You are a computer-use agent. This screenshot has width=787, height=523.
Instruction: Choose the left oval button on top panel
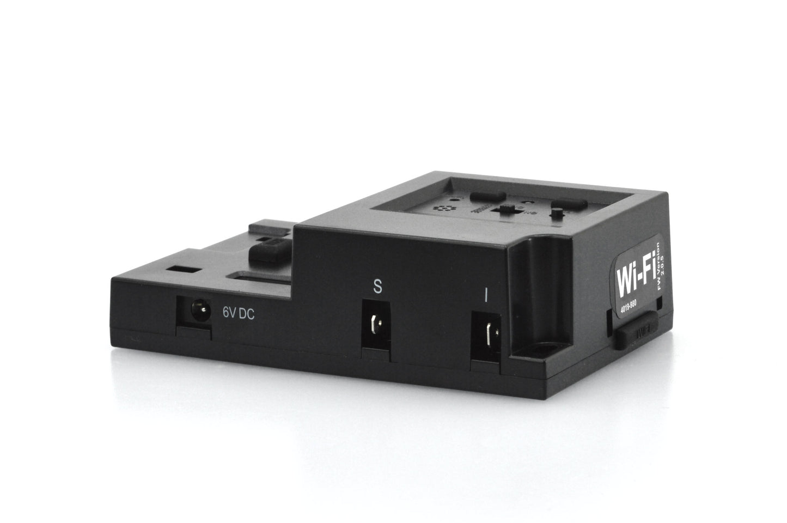pyautogui.click(x=487, y=195)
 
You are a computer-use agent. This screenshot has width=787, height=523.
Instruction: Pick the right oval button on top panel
pyautogui.click(x=569, y=205)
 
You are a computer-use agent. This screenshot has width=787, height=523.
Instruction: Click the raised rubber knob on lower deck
pyautogui.click(x=269, y=252)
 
